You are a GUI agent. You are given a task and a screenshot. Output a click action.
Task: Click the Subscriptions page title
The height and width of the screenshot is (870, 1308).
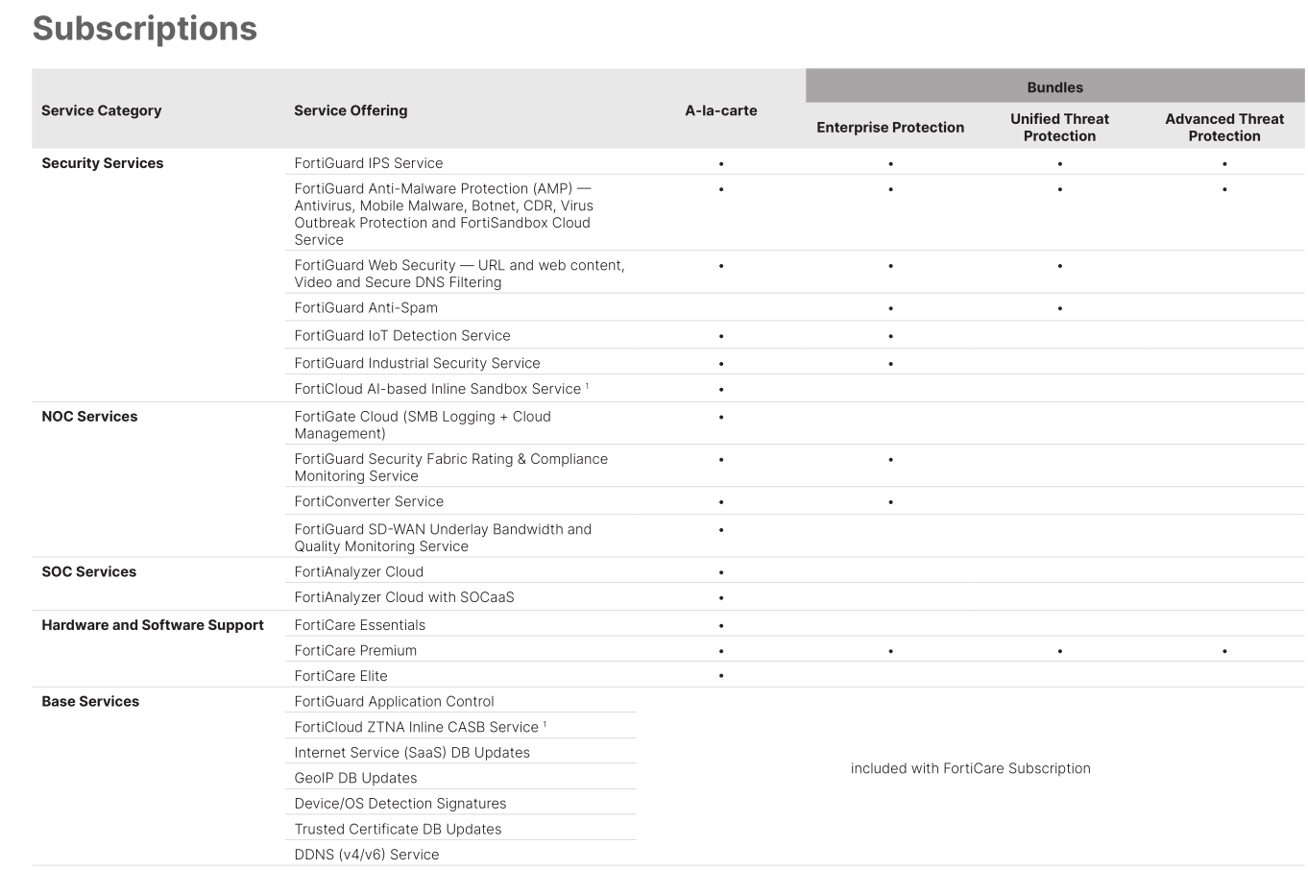point(145,29)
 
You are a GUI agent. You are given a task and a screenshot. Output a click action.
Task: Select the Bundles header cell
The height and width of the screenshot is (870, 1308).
point(1054,87)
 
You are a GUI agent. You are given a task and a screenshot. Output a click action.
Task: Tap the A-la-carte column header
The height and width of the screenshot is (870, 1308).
point(720,110)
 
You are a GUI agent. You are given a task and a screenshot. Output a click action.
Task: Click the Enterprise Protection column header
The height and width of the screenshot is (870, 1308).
point(890,128)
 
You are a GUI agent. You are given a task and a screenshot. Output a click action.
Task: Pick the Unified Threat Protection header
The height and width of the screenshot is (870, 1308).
point(1059,128)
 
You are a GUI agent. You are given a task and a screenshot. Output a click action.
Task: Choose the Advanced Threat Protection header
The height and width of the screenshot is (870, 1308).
point(1223,128)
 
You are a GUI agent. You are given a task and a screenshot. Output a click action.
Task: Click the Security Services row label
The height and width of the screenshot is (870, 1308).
point(103,163)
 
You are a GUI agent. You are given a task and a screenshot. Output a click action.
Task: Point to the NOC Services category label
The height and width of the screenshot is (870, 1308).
point(89,417)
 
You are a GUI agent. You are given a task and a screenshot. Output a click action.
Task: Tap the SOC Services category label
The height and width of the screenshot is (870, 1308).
point(89,572)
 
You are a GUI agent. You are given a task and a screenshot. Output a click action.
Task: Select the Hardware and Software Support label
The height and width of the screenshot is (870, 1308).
point(153,625)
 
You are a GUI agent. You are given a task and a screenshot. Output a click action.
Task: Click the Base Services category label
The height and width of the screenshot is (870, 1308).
point(90,702)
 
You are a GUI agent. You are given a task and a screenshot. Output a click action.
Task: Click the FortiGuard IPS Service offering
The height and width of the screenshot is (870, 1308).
point(369,163)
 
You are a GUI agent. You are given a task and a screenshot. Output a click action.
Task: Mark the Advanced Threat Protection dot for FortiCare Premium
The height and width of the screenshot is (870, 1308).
point(1224,651)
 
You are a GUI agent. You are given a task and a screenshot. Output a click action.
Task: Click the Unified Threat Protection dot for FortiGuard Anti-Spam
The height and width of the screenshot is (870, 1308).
point(1059,309)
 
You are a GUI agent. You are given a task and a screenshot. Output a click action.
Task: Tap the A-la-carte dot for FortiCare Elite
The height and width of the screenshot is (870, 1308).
point(721,676)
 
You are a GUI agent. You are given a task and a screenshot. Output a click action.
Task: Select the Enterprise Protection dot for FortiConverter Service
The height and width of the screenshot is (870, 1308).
point(890,502)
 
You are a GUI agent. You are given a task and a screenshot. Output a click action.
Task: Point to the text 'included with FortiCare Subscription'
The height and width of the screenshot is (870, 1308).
point(970,768)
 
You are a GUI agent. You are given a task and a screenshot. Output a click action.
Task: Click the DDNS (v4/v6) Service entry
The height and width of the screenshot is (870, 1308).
point(367,855)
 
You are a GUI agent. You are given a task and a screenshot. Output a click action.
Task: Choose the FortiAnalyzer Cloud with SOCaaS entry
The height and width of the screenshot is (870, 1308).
point(404,597)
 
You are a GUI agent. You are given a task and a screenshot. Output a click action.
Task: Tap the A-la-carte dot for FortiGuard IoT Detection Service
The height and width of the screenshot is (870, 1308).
point(721,337)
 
